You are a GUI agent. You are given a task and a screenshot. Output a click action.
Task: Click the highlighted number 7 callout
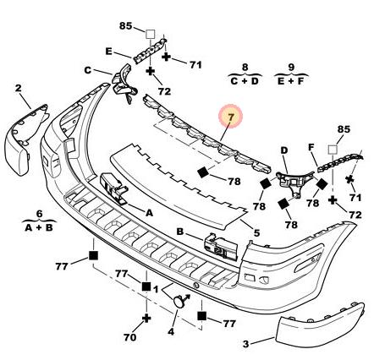coord(231,116)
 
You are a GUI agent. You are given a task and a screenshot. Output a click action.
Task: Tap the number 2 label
coord(18,89)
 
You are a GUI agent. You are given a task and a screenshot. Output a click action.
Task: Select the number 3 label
coord(246,344)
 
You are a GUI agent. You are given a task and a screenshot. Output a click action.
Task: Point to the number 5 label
coord(256,232)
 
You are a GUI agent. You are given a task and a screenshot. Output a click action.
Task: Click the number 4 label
coord(171,332)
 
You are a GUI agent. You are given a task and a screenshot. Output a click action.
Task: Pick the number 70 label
coord(130,337)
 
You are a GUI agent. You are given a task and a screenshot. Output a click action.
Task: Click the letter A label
coord(149,213)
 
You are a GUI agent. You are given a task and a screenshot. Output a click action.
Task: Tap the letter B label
coord(180,232)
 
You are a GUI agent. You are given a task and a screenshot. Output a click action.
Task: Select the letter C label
coord(88,70)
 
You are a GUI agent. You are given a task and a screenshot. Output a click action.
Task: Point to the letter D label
coord(283,150)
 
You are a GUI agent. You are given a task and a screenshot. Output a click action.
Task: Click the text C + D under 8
coord(245,81)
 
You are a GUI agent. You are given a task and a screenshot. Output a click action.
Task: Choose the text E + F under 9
coord(291,81)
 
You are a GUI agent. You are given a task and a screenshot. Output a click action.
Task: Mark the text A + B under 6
coord(39,227)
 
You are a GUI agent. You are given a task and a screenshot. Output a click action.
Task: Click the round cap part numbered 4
coord(179,302)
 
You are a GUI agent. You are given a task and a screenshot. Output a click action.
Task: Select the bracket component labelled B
coord(221,247)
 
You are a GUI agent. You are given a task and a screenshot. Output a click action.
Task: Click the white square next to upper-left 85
coord(150,35)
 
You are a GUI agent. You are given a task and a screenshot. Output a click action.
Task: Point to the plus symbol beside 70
coord(146,319)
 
